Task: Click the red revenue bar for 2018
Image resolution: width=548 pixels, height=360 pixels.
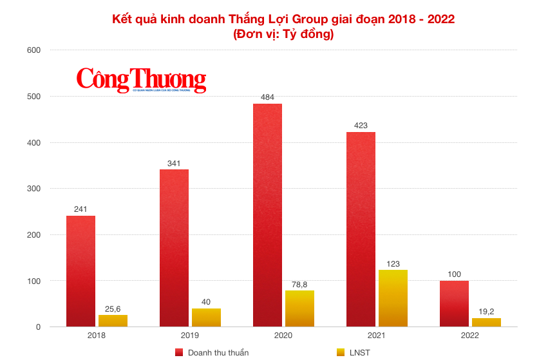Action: (80, 271)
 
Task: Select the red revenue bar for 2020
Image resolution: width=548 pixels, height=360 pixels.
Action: (267, 215)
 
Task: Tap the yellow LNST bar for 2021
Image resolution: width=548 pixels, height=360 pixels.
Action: (393, 298)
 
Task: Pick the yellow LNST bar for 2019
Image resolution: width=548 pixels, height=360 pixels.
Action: (206, 317)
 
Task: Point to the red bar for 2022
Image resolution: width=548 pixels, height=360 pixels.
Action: (454, 303)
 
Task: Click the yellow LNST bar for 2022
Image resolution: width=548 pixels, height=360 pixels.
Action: (486, 322)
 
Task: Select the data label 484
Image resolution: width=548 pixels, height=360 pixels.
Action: (267, 97)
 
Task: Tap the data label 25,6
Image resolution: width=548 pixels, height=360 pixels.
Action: (113, 308)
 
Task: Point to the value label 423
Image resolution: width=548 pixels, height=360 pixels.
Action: (361, 126)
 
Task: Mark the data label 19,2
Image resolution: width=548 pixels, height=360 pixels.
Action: (486, 312)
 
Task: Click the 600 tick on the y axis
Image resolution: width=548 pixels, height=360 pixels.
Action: (33, 50)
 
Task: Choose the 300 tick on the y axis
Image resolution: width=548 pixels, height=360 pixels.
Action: (33, 189)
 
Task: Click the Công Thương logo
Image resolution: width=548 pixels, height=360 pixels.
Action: (142, 80)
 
